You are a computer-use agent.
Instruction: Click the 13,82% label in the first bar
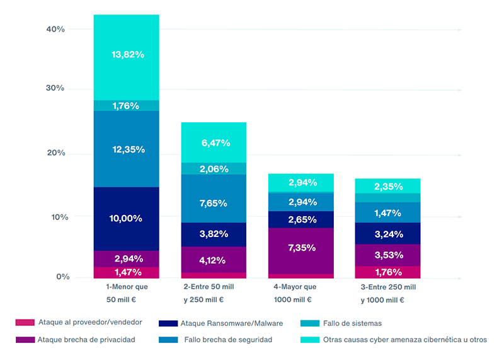coord(128,55)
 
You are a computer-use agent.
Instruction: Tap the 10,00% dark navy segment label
coord(126,218)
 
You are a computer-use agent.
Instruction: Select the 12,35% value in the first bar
coord(128,149)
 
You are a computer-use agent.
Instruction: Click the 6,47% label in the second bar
coord(214,144)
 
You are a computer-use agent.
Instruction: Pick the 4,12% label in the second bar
coord(214,260)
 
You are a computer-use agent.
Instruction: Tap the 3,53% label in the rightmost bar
coord(387,255)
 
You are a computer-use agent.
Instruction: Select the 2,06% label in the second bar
coord(214,169)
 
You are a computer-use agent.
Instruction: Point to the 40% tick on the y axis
coord(55,29)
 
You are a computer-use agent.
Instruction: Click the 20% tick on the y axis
coord(55,153)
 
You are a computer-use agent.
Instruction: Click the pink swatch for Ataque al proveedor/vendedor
coord(24,322)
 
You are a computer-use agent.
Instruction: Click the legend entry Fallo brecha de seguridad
coord(228,340)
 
